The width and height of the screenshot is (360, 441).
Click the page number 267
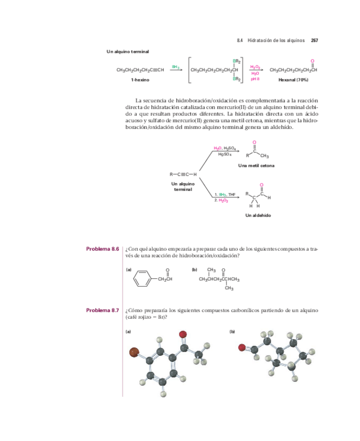pos(314,41)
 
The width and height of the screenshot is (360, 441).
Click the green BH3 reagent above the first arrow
pos(176,67)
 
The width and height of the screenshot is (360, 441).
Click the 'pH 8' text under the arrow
pos(255,79)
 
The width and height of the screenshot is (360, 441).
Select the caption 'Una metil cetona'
pos(256,165)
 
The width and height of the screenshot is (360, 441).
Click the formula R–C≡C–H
pos(183,174)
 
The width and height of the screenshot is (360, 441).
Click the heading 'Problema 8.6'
pos(103,249)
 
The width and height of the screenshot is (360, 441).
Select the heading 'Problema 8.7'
pos(103,310)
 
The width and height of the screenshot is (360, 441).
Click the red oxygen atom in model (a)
pos(183,334)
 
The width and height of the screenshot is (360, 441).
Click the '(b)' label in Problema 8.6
pos(194,270)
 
